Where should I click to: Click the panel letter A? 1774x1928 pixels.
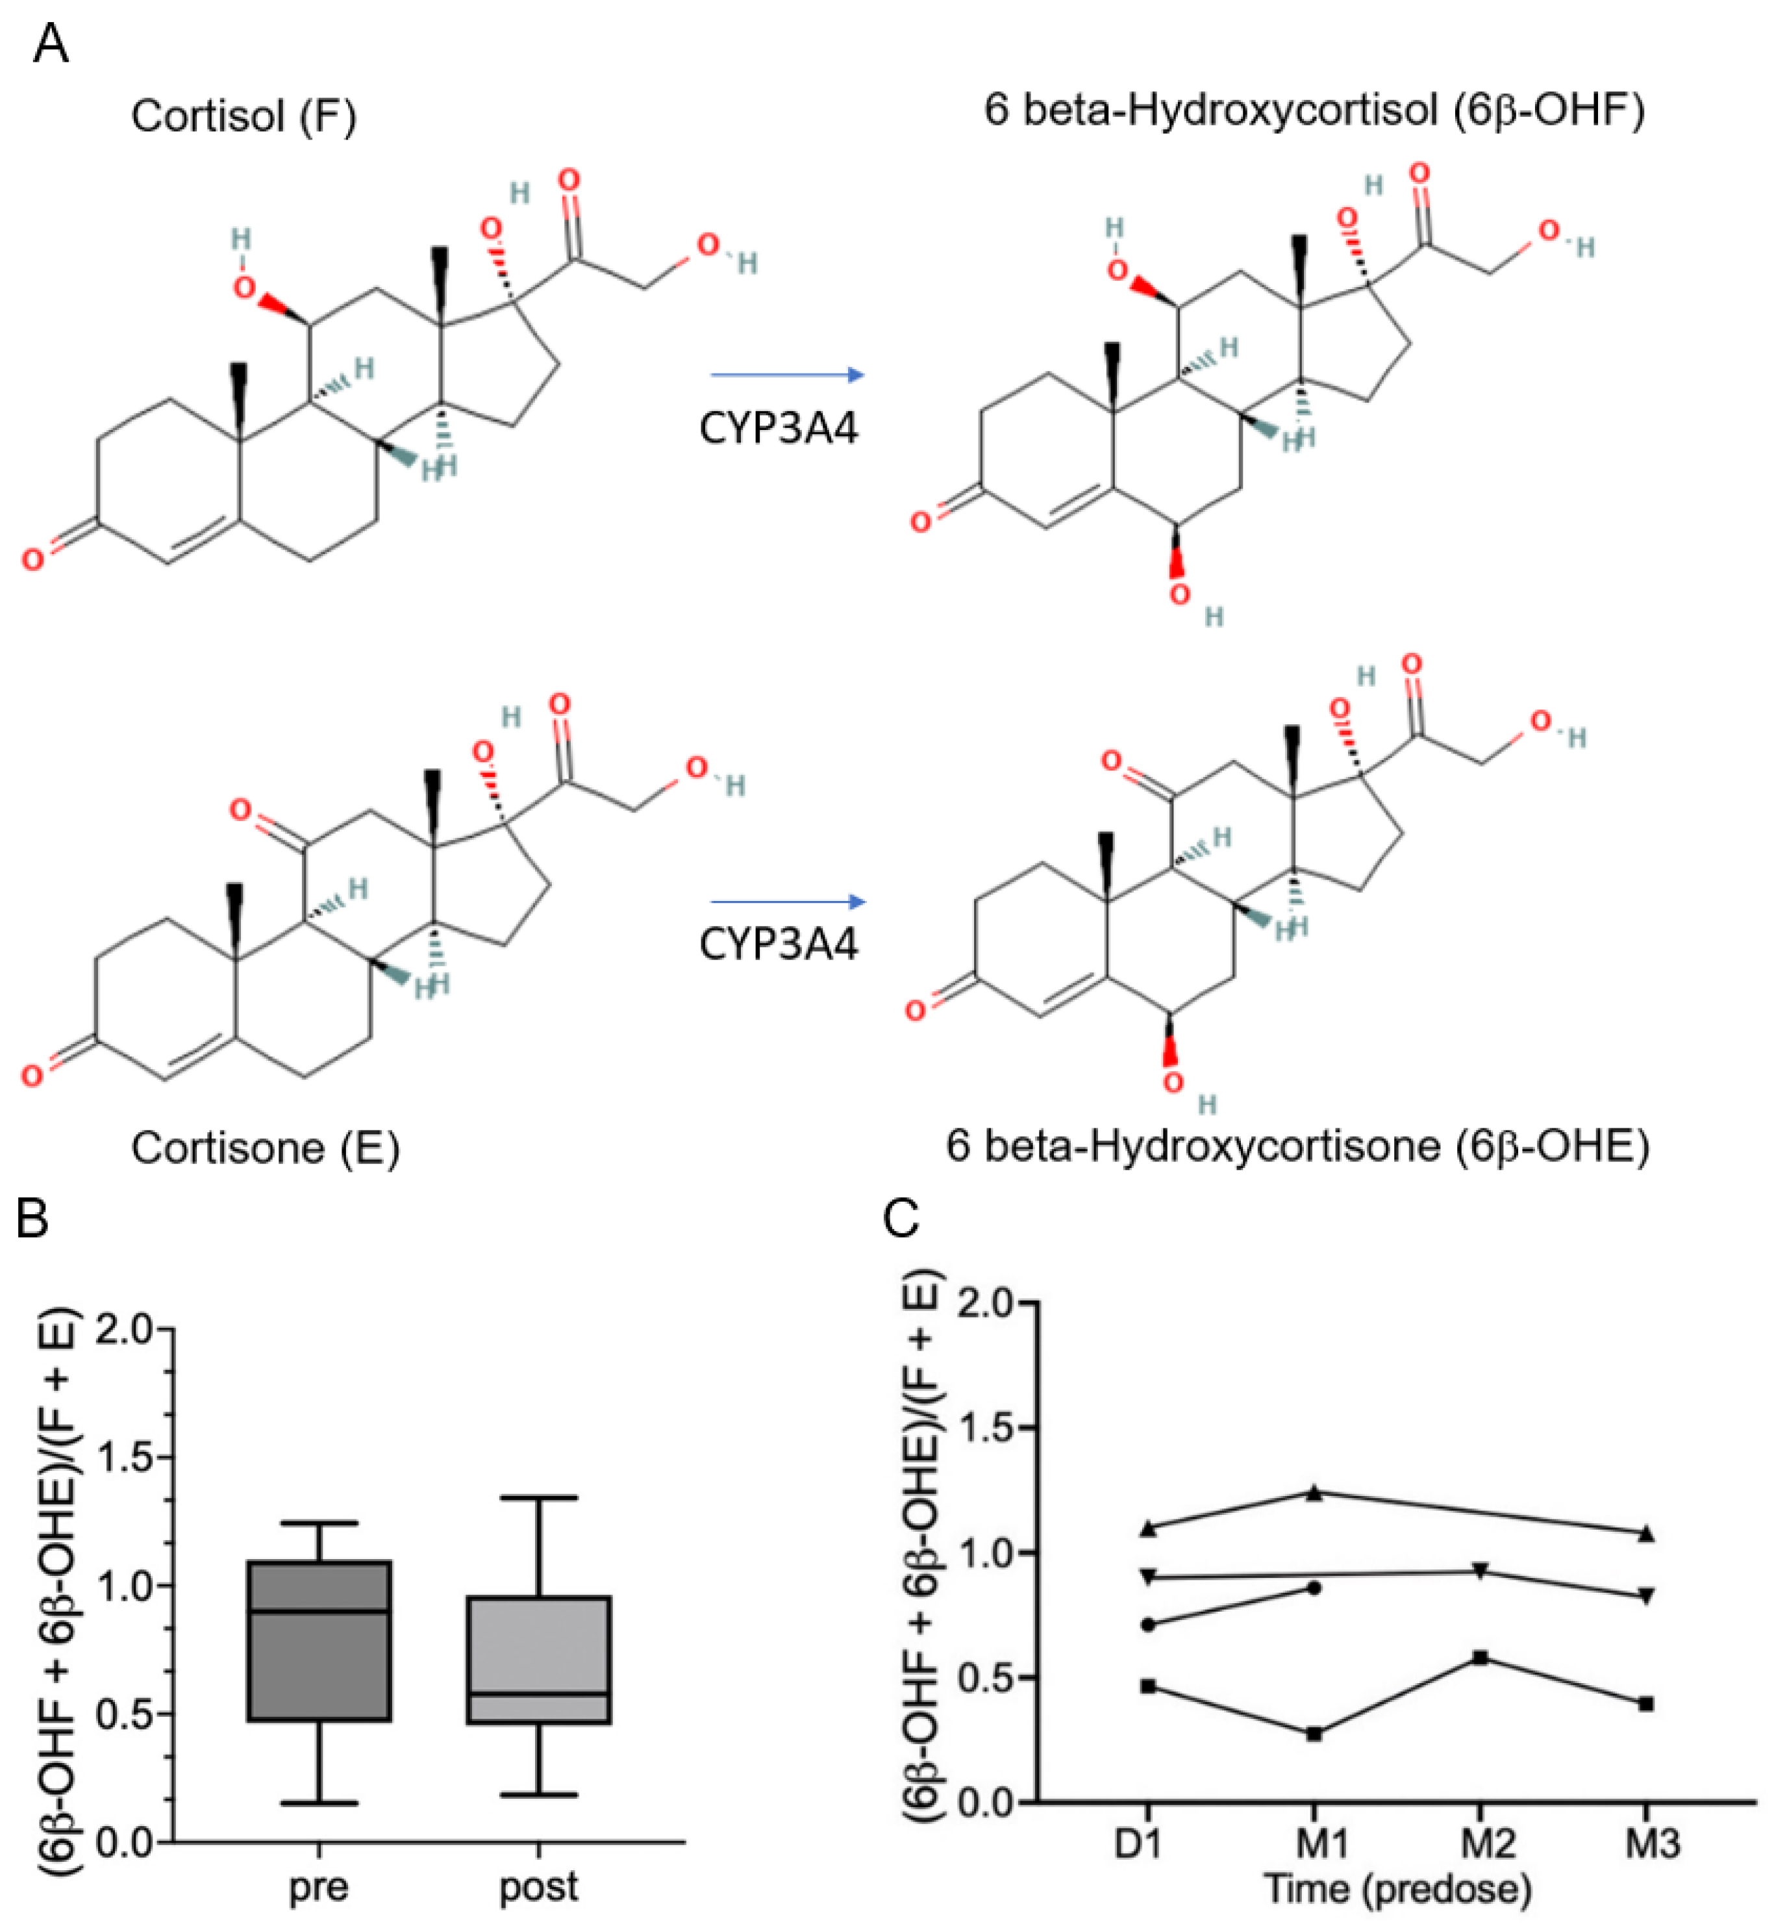tap(51, 44)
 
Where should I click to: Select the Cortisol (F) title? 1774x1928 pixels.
tap(244, 117)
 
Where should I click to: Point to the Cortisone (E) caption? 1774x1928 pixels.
tap(265, 1147)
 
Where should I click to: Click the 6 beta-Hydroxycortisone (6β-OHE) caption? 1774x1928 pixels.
tap(1298, 1145)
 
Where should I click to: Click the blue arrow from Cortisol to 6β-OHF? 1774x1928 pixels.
tap(787, 374)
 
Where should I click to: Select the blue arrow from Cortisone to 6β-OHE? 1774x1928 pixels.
tap(787, 902)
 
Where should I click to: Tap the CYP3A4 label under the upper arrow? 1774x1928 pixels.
tap(779, 428)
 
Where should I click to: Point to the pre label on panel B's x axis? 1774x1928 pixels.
tap(319, 1886)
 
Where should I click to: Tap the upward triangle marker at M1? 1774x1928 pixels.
tap(1315, 1493)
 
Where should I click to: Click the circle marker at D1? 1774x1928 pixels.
tap(1149, 1625)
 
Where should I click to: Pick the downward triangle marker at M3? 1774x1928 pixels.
tap(1645, 1596)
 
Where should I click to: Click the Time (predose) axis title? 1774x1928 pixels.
tap(1397, 1888)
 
